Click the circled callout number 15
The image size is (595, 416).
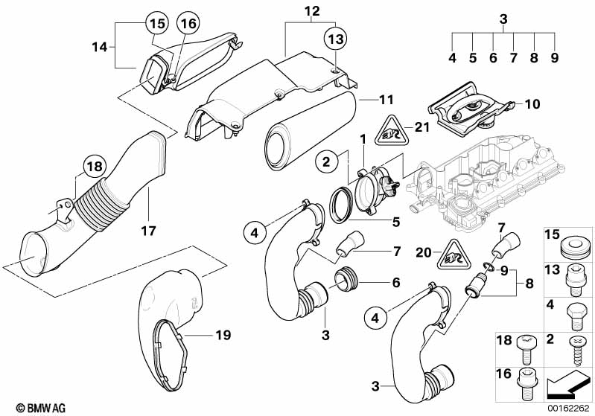point(156,22)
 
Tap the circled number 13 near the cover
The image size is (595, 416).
point(335,37)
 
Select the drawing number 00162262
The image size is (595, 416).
point(569,407)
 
